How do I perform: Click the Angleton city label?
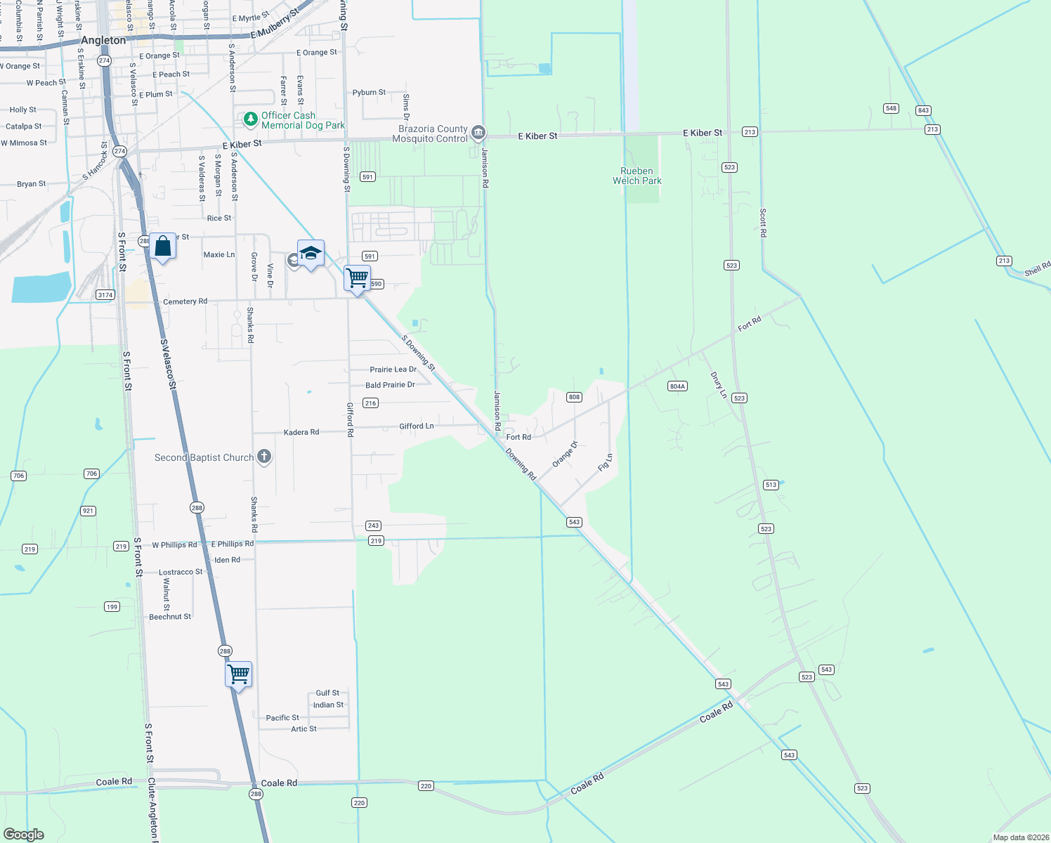click(103, 40)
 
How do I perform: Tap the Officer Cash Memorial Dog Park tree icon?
click(250, 119)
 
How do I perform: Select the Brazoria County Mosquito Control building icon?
click(478, 132)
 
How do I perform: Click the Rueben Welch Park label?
click(637, 176)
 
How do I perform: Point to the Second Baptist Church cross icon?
click(264, 457)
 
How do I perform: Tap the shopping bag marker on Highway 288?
click(162, 247)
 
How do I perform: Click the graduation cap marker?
click(311, 254)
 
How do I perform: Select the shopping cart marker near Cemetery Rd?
click(357, 279)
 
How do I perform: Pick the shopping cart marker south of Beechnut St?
click(239, 674)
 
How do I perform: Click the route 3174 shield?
click(105, 295)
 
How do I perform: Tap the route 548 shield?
click(891, 108)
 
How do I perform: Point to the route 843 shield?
click(923, 110)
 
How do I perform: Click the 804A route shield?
click(677, 386)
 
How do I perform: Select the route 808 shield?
click(574, 397)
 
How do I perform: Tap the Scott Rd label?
click(763, 223)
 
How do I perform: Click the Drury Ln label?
click(718, 385)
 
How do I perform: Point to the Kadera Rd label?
click(301, 432)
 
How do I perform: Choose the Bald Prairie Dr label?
click(390, 385)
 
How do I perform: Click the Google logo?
click(24, 835)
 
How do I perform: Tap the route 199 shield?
click(112, 606)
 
